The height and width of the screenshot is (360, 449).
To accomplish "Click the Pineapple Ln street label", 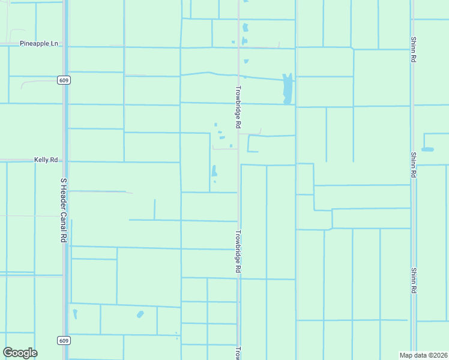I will pos(39,44).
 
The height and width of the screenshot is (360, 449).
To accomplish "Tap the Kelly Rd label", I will pos(46,160).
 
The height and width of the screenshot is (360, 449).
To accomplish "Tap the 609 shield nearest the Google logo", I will pos(64,340).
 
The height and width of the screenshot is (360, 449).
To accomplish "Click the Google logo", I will pos(20,353).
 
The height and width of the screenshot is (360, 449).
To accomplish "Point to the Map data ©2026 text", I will pos(423,355).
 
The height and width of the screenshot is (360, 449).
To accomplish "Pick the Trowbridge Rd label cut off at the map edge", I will pos(238,353).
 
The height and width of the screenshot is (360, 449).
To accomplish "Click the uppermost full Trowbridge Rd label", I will pos(238,107).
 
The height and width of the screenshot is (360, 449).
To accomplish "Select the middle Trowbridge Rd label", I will pos(238,253).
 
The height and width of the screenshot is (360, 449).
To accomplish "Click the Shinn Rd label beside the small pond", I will pos(414,164).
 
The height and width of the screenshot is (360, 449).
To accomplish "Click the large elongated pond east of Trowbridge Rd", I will pos(288,89).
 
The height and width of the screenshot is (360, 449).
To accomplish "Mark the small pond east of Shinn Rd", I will pos(427,149).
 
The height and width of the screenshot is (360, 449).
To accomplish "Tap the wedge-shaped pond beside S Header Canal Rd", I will pos(75,313).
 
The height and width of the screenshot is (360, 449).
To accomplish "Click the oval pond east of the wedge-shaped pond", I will pos(140,314).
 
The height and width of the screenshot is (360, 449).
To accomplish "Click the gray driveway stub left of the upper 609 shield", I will pos(30,83).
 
